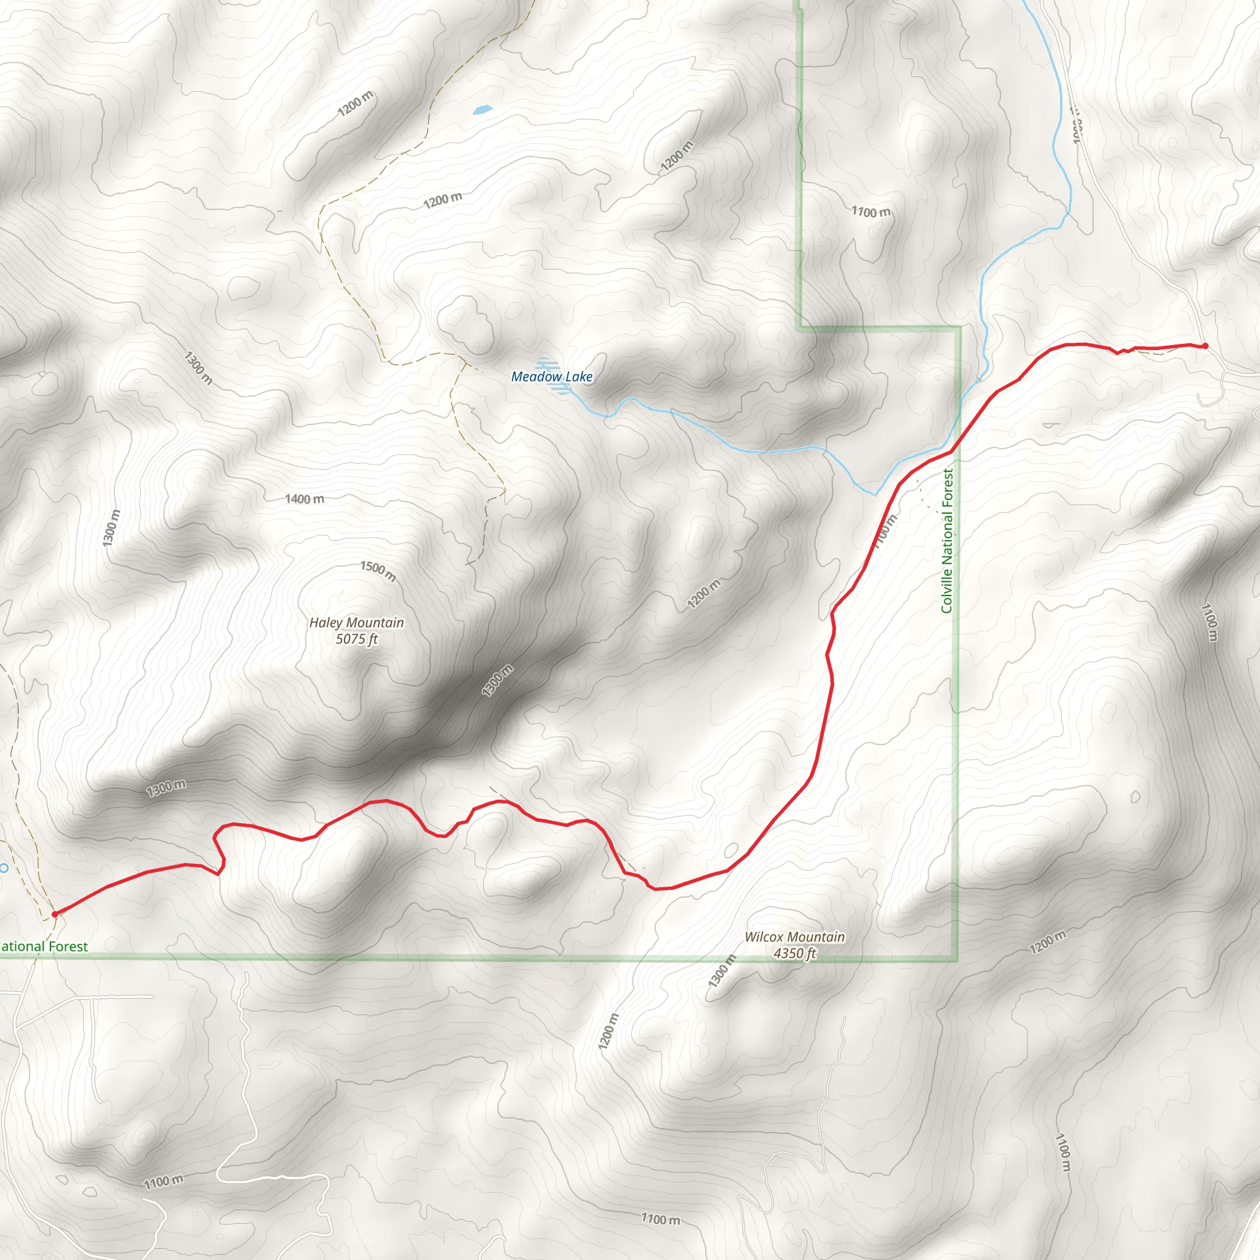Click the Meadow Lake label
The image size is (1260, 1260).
tap(552, 377)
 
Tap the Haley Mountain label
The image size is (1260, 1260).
tap(356, 623)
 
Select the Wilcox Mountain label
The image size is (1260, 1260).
tap(794, 937)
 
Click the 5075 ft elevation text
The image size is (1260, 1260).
tap(356, 639)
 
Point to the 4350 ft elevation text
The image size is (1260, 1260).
tap(794, 954)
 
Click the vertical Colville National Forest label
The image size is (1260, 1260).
tap(947, 541)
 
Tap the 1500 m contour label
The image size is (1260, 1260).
tap(378, 571)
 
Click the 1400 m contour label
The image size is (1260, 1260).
tap(305, 499)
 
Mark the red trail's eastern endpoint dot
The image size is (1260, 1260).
tap(1205, 346)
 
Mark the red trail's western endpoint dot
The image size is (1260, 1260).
tap(55, 914)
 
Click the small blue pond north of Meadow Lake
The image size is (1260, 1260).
tap(482, 110)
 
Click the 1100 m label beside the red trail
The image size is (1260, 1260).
tap(884, 532)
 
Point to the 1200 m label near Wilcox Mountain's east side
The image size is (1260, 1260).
tap(1048, 941)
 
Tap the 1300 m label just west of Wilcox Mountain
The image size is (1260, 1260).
tap(722, 970)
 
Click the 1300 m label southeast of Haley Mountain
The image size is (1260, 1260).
tap(498, 680)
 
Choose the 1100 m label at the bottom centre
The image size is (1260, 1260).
tap(660, 1219)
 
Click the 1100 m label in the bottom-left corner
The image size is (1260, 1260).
tap(163, 1182)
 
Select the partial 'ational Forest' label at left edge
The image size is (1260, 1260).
tap(43, 946)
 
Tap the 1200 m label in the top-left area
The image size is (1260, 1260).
tap(356, 104)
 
